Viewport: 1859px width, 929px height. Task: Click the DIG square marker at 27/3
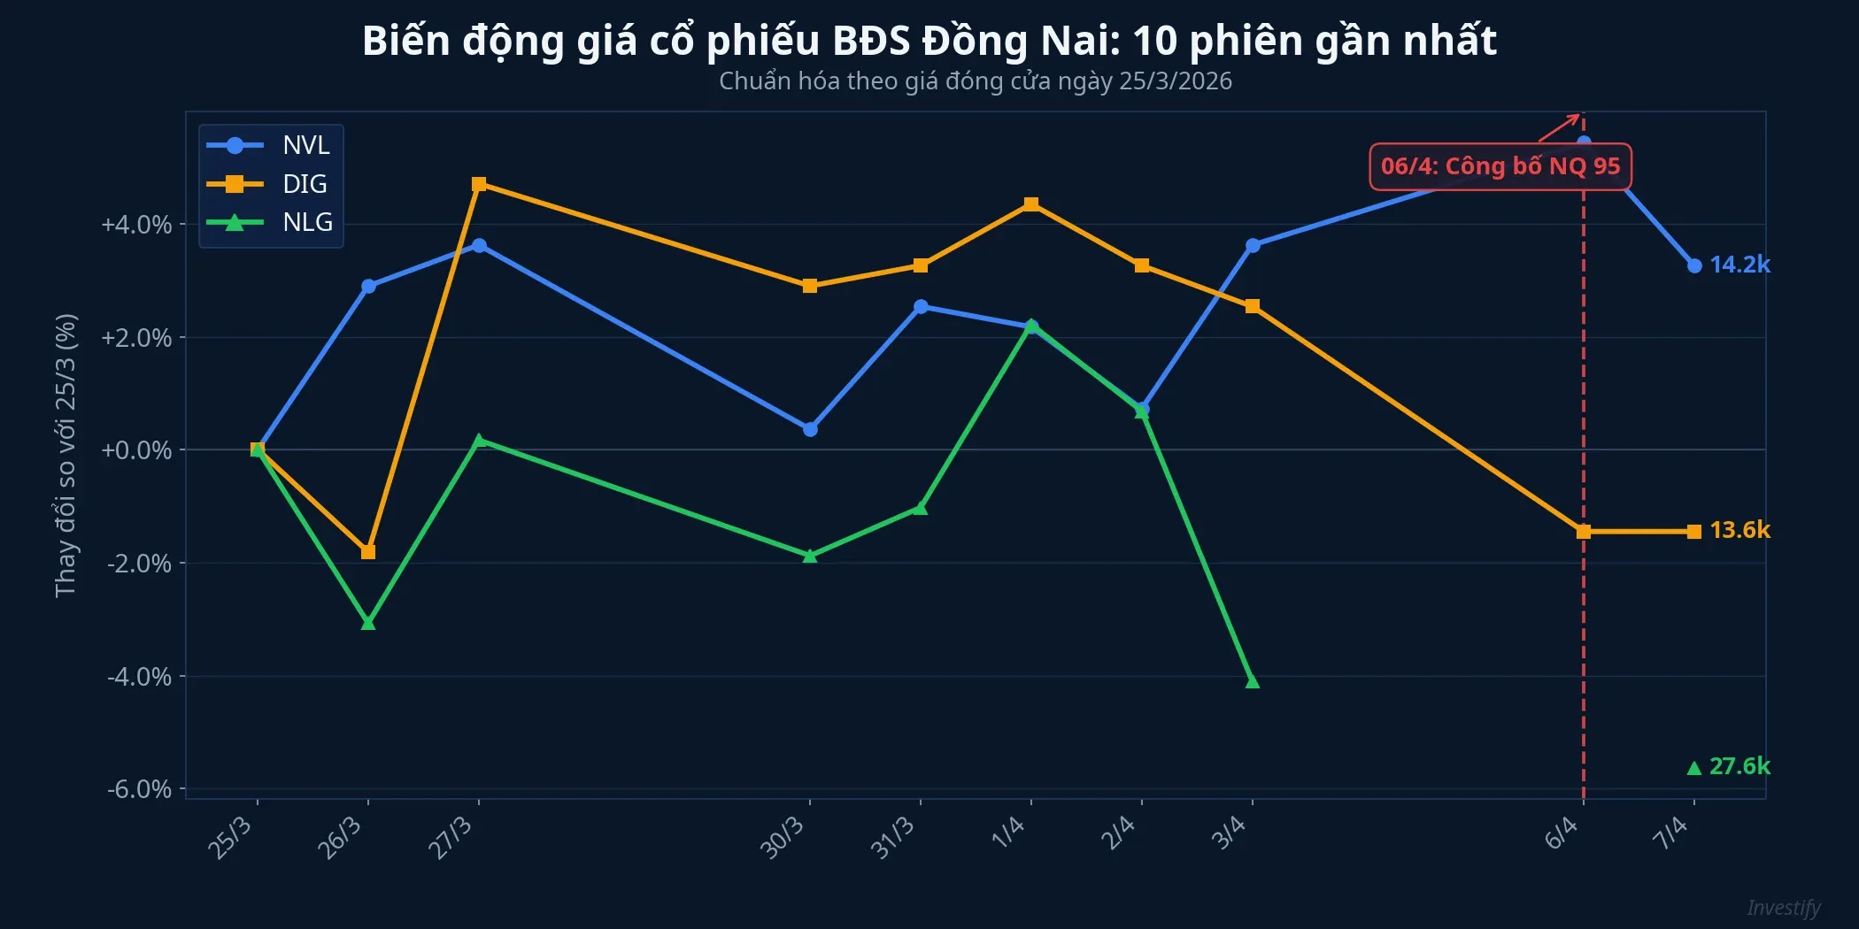pyautogui.click(x=479, y=184)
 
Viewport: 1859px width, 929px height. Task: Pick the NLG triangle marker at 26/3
pyautogui.click(x=368, y=623)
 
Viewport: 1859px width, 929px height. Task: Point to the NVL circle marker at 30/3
pyautogui.click(x=810, y=429)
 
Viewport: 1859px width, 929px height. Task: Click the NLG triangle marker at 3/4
pyautogui.click(x=1252, y=681)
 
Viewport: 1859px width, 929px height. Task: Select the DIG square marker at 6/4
pyautogui.click(x=1584, y=532)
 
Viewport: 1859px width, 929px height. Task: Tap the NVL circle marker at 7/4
pyautogui.click(x=1694, y=265)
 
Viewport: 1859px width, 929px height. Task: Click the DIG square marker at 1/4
pyautogui.click(x=1031, y=204)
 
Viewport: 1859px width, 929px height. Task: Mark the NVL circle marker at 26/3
pyautogui.click(x=368, y=286)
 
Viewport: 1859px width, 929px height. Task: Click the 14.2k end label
pyautogui.click(x=1739, y=265)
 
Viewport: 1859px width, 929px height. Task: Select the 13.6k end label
pyautogui.click(x=1739, y=530)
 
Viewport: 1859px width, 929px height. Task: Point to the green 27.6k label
pyautogui.click(x=1739, y=766)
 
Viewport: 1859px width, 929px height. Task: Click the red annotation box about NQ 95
pyautogui.click(x=1500, y=166)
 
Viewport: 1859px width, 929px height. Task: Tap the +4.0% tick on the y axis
pyautogui.click(x=136, y=225)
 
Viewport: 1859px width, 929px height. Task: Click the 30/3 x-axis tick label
pyautogui.click(x=783, y=837)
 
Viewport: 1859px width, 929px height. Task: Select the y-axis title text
pyautogui.click(x=66, y=455)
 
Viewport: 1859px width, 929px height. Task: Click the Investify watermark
pyautogui.click(x=1783, y=908)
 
